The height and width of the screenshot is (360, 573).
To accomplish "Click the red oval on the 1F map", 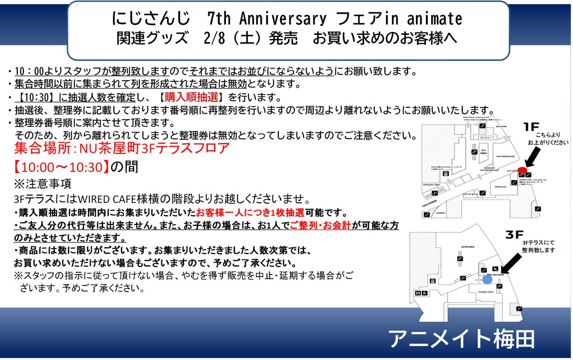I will [x=522, y=170].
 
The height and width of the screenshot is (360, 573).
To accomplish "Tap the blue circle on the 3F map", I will [x=487, y=279].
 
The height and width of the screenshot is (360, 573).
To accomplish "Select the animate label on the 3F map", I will [x=467, y=246].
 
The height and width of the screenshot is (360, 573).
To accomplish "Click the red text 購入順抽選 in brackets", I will [x=191, y=97].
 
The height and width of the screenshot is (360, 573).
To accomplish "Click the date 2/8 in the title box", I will [x=209, y=38].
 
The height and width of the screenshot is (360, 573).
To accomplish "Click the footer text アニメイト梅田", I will [x=461, y=339].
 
